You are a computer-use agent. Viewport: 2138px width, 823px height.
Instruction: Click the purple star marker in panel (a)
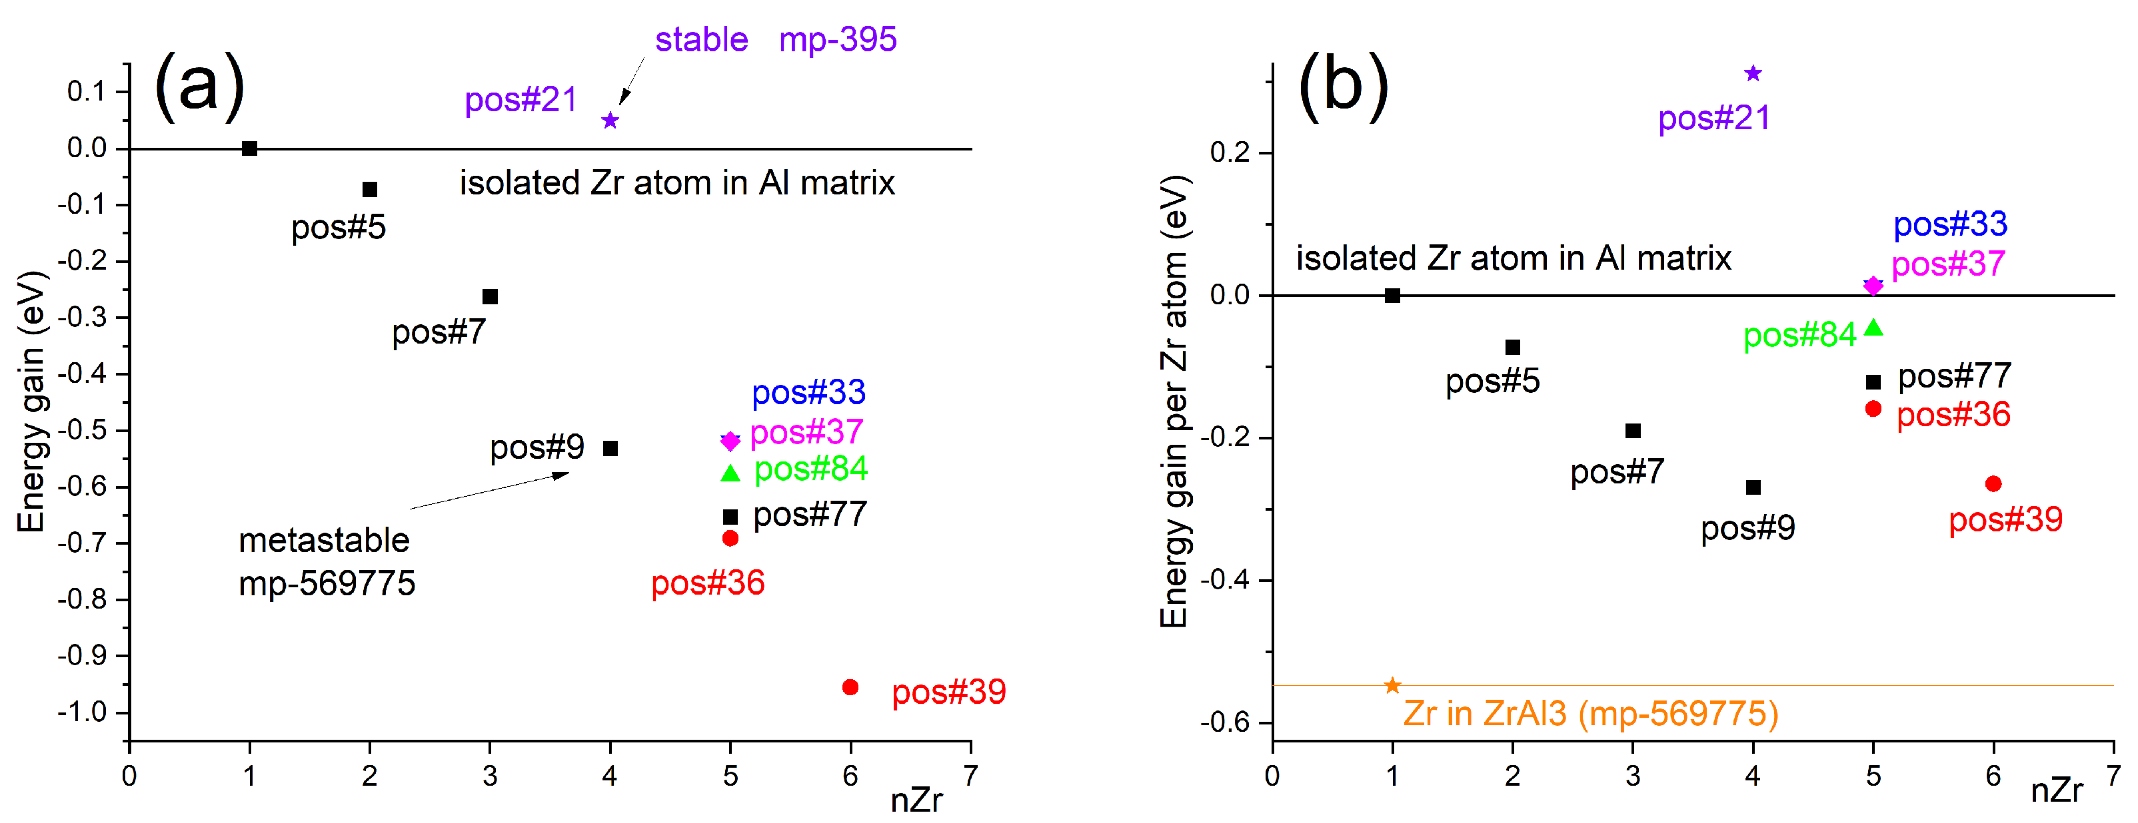tap(610, 121)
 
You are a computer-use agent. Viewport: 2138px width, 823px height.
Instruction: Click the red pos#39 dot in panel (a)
tap(850, 687)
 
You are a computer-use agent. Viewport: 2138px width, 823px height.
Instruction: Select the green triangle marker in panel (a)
tap(730, 473)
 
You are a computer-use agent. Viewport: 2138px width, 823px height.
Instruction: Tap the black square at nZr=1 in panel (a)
tap(249, 148)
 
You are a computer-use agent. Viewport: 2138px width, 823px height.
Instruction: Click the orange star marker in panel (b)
tap(1392, 685)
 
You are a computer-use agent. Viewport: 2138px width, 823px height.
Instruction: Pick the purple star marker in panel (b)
tap(1752, 73)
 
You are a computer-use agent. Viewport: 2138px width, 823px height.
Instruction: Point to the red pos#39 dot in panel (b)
tap(1993, 483)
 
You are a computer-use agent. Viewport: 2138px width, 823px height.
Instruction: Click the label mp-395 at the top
tap(838, 39)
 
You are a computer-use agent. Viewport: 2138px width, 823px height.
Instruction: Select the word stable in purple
tap(701, 39)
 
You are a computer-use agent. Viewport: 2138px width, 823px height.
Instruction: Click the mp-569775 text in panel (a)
tap(327, 583)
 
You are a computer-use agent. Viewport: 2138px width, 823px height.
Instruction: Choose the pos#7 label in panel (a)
tap(439, 332)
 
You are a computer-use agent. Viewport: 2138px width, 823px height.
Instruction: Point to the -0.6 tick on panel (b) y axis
tap(1224, 722)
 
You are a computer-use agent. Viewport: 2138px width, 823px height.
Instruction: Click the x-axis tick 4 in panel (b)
tap(1752, 776)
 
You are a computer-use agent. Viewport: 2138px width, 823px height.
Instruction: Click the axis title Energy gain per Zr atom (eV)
tap(1174, 402)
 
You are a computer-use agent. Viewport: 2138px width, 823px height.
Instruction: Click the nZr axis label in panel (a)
tap(916, 800)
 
